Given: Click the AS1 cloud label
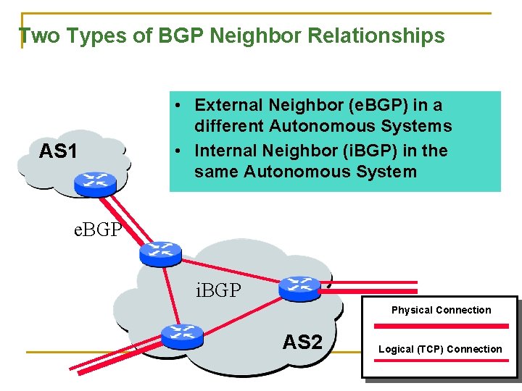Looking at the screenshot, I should click(58, 151).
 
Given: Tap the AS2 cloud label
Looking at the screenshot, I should click(302, 342).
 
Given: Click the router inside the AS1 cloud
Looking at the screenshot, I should click(94, 182).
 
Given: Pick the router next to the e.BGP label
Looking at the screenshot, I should click(160, 251).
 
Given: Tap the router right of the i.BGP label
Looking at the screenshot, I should click(299, 287).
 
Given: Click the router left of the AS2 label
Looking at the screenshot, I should click(181, 335).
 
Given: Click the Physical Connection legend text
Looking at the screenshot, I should click(441, 310).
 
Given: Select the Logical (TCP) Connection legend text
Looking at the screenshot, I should click(439, 349).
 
